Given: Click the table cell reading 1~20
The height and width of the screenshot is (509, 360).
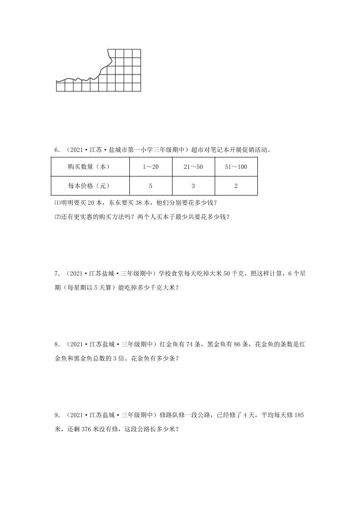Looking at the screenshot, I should tap(150, 167).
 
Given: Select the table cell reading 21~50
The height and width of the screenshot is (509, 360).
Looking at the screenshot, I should tap(193, 167).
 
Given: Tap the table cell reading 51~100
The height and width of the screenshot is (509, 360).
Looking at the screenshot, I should tap(236, 167).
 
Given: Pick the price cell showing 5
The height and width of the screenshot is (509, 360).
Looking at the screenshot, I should tap(150, 186).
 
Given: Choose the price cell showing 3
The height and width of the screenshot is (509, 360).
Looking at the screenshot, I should tap(193, 186).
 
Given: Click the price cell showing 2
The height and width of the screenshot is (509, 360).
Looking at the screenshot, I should tap(236, 186).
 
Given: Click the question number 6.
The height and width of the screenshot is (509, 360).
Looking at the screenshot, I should tap(56, 149).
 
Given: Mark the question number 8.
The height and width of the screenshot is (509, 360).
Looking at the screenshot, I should tap(56, 344).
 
